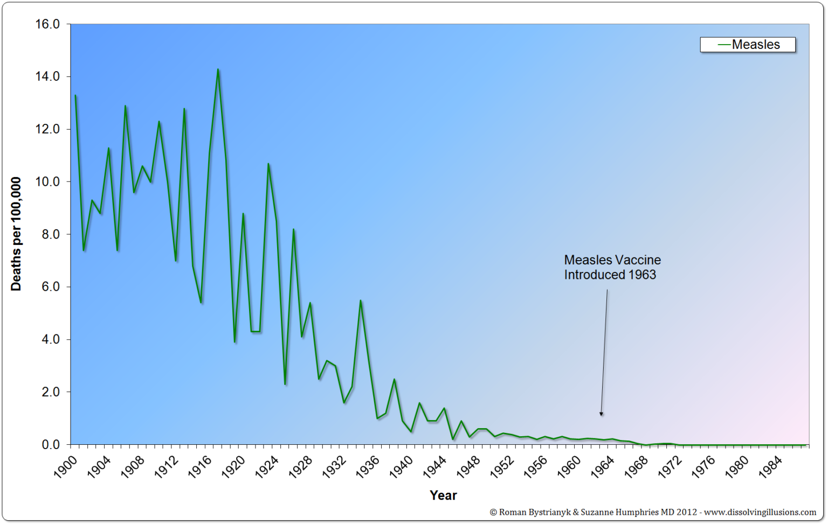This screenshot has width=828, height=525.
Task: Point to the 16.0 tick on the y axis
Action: tap(47, 24)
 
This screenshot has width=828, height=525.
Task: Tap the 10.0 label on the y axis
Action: tap(47, 182)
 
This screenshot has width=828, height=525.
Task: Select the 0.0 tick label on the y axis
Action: tap(51, 445)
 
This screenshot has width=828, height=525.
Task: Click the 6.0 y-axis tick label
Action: tap(51, 287)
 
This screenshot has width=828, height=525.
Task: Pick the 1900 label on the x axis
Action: tap(66, 467)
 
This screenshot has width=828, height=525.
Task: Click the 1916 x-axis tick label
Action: tap(200, 467)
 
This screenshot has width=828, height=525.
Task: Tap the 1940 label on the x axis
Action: tap(402, 467)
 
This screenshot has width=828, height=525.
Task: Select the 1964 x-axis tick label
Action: tap(603, 467)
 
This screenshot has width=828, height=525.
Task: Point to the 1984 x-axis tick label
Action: tap(770, 467)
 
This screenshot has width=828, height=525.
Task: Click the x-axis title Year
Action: tap(443, 495)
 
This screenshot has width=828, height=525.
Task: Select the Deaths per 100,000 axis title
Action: tap(16, 234)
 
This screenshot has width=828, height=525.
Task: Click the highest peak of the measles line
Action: tap(218, 69)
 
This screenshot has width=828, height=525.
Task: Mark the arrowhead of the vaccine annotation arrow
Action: tap(601, 414)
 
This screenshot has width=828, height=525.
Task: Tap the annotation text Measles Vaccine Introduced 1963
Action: tap(612, 268)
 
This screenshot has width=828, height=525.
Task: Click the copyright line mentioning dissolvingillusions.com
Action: tap(652, 512)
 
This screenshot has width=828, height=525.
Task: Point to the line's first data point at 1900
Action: tap(75, 95)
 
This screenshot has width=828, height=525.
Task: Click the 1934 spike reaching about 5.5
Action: tap(361, 300)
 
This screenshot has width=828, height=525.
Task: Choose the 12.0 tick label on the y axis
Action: tap(47, 129)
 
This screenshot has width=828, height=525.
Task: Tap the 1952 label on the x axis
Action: tap(502, 467)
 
